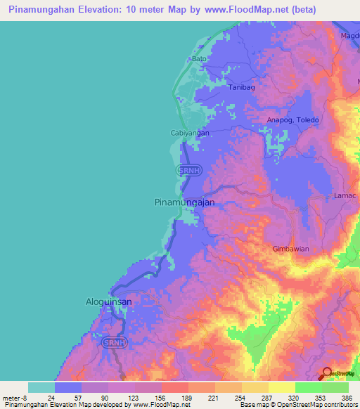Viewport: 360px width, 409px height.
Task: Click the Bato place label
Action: point(200,59)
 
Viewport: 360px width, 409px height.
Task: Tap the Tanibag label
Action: point(242,88)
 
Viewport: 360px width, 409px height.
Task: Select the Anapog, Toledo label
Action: point(292,120)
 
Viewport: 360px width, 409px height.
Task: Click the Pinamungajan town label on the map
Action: point(184,202)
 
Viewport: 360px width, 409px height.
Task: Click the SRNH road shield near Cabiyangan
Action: point(188,170)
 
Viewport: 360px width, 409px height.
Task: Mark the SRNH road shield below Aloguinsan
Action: point(113,342)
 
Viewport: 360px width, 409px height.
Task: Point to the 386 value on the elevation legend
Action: point(346,397)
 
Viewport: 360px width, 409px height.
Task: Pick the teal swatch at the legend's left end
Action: point(41,387)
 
